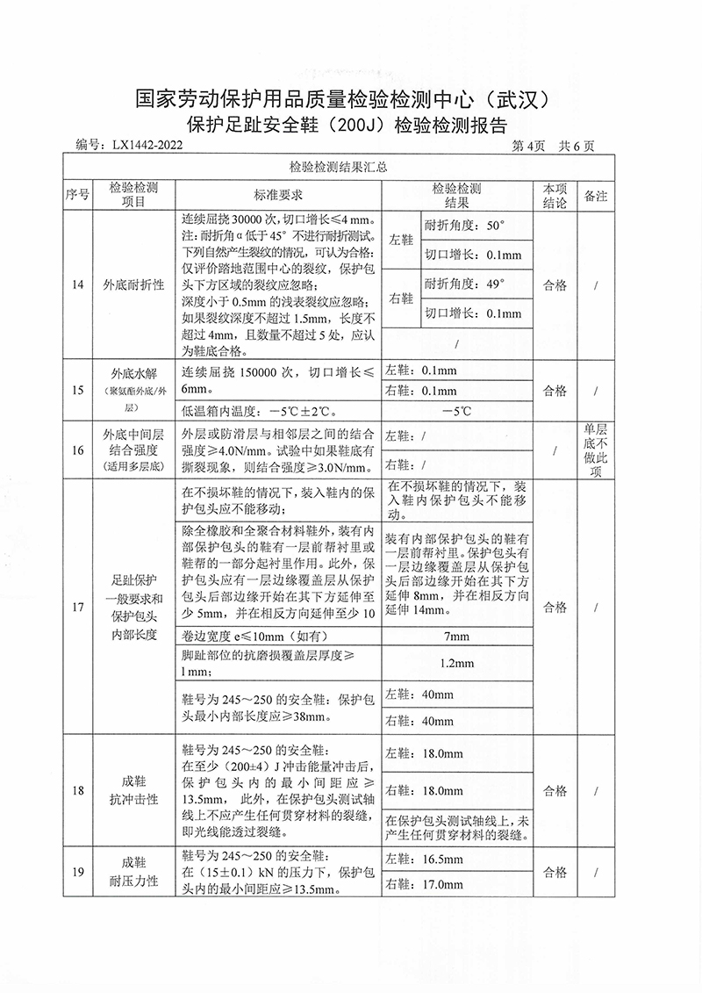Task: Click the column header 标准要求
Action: pyautogui.click(x=278, y=195)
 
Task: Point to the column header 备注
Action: pyautogui.click(x=596, y=195)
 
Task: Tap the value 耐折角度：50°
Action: pyautogui.click(x=465, y=225)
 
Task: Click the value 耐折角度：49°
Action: pyautogui.click(x=465, y=284)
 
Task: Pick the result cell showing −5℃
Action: pyautogui.click(x=457, y=410)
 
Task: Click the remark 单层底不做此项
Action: pyautogui.click(x=596, y=450)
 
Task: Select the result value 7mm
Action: pyautogui.click(x=457, y=635)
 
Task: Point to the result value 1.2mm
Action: pyautogui.click(x=457, y=663)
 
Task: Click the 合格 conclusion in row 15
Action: pyautogui.click(x=555, y=391)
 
